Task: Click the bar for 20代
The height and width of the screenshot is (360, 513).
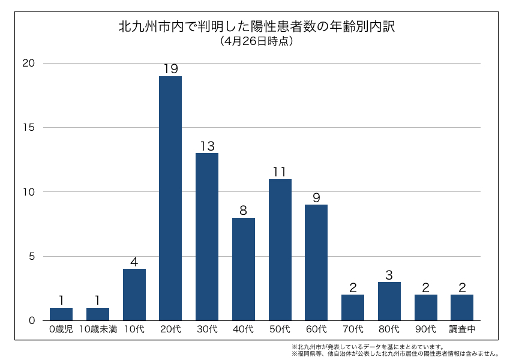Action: [x=170, y=198]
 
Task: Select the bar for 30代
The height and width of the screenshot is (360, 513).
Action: [x=207, y=236]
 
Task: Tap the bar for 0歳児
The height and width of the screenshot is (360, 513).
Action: [x=61, y=314]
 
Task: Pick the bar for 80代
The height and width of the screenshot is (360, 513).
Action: [x=389, y=301]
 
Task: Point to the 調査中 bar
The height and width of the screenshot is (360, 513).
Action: [x=462, y=307]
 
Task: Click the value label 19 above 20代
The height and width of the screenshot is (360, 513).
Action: [x=170, y=69]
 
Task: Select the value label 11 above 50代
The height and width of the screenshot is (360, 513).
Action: [x=280, y=172]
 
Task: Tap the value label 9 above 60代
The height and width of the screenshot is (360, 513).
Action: [x=316, y=197]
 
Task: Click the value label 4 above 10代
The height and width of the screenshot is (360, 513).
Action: [x=134, y=262]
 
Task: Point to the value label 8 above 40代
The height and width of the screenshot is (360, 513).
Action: [x=244, y=211]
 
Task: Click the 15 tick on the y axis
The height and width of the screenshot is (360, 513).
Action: [x=29, y=128]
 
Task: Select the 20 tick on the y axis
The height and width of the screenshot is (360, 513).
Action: [x=29, y=64]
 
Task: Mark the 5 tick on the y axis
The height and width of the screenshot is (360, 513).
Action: [x=32, y=256]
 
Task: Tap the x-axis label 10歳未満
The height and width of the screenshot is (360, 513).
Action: [x=98, y=329]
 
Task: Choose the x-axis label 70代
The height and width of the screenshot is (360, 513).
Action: [x=353, y=329]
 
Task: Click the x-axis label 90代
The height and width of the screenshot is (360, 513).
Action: [x=425, y=329]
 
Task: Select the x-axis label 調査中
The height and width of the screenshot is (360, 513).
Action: [x=462, y=329]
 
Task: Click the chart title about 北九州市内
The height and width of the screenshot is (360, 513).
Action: [x=256, y=27]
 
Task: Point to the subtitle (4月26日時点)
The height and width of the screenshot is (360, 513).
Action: [x=256, y=41]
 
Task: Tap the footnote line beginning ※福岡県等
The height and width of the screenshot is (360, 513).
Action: [x=395, y=353]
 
